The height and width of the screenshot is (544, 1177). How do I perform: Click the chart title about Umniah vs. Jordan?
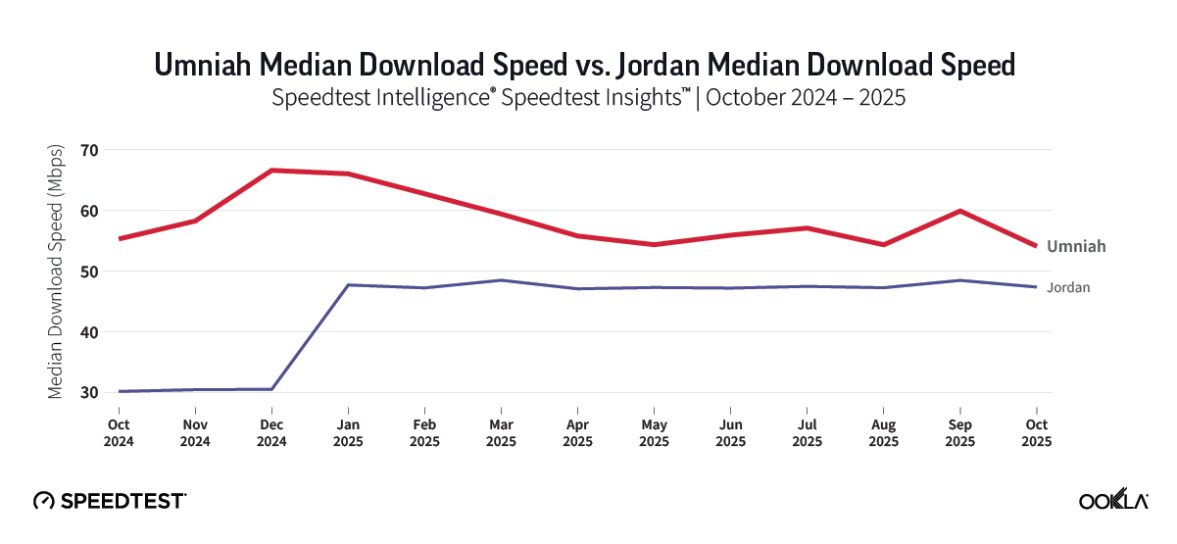[x=585, y=65]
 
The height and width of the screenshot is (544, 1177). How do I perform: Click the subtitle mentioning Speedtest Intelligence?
[x=585, y=98]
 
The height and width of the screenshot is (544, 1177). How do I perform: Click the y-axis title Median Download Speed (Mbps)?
[x=57, y=272]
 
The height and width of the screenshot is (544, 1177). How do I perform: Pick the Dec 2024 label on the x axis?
[x=271, y=432]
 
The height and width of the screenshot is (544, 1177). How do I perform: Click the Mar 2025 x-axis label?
[x=501, y=432]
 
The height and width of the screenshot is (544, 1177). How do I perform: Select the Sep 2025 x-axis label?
[x=959, y=432]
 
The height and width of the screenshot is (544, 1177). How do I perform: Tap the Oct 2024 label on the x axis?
[x=119, y=432]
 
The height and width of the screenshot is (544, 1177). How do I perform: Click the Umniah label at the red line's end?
[x=1076, y=246]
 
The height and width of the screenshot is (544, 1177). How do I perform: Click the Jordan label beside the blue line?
[x=1068, y=287]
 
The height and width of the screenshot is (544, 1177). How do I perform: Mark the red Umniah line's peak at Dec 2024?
[x=271, y=171]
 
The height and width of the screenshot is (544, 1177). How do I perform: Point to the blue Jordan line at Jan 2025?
[x=348, y=285]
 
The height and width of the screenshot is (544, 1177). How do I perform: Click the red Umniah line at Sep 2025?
[x=959, y=211]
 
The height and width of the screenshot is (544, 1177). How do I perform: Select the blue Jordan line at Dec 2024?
[x=271, y=389]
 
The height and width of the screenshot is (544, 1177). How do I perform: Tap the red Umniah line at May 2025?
[x=654, y=244]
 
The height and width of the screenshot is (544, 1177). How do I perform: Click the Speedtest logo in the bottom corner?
[x=109, y=500]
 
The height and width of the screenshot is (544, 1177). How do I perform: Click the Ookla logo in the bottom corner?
[x=1113, y=500]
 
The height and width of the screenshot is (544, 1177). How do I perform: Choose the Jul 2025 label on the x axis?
[x=807, y=432]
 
